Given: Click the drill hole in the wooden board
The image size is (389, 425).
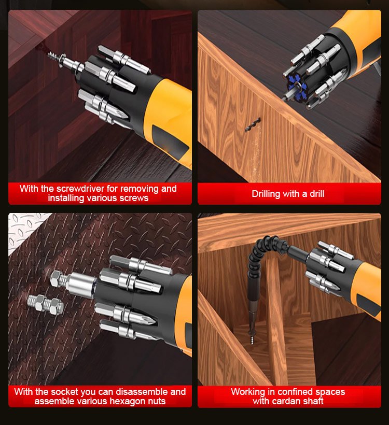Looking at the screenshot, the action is [253, 125].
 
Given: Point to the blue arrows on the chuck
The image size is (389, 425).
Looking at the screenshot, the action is [297, 84].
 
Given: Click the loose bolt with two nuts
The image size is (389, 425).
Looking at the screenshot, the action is [46, 304].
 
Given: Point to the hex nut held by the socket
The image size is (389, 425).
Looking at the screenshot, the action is [57, 279].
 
